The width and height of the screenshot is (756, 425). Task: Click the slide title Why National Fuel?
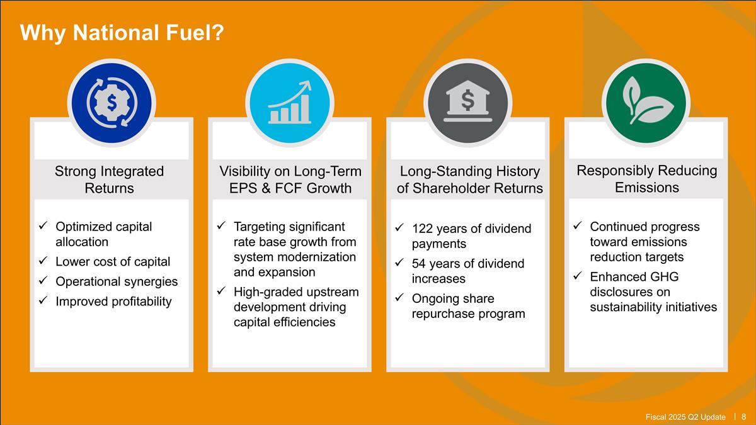(122, 33)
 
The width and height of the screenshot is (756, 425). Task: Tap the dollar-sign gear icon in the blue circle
(112, 103)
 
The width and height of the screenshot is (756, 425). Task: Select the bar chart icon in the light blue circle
(290, 102)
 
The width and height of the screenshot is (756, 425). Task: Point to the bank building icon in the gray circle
(467, 101)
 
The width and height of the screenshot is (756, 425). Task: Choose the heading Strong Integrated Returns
(110, 179)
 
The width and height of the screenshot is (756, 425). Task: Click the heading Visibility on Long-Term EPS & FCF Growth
(290, 179)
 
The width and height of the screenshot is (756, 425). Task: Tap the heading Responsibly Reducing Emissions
(646, 179)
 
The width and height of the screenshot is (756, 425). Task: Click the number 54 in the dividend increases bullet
(419, 263)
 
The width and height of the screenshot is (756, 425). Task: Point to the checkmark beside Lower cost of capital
(43, 261)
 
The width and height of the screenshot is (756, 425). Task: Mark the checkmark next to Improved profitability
(43, 300)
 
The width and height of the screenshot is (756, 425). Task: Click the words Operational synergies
(117, 281)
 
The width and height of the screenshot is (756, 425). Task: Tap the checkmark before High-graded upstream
(221, 290)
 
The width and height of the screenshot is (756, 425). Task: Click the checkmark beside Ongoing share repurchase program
(399, 297)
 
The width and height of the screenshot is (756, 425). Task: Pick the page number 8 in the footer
(743, 417)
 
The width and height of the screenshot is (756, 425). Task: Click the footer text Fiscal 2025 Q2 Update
(685, 417)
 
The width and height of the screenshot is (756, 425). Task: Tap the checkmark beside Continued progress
(578, 225)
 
